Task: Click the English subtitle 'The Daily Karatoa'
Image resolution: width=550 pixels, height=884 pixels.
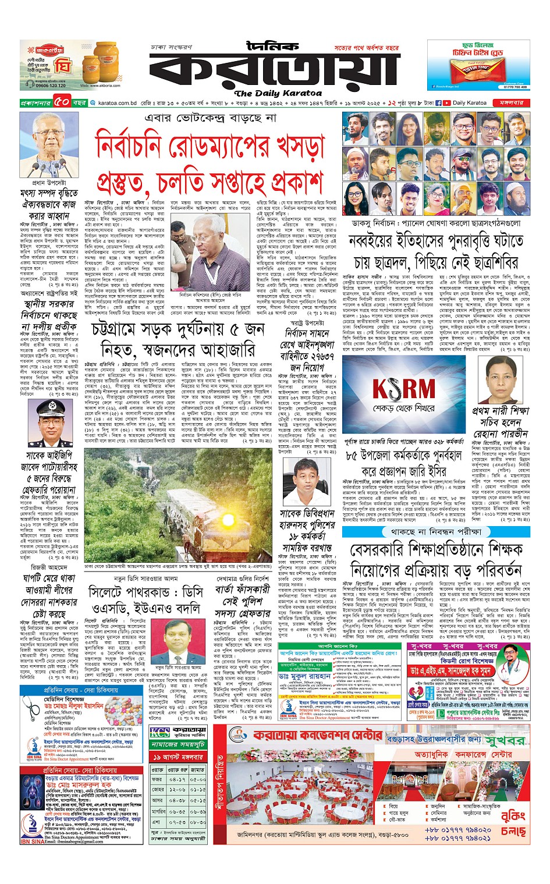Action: click(278, 93)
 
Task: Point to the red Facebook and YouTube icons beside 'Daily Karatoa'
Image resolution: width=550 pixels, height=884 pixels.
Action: click(444, 103)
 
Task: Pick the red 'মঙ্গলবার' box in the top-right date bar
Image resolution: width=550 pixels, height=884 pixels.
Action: click(511, 103)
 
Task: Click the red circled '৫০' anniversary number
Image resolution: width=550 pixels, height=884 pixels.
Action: click(62, 103)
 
